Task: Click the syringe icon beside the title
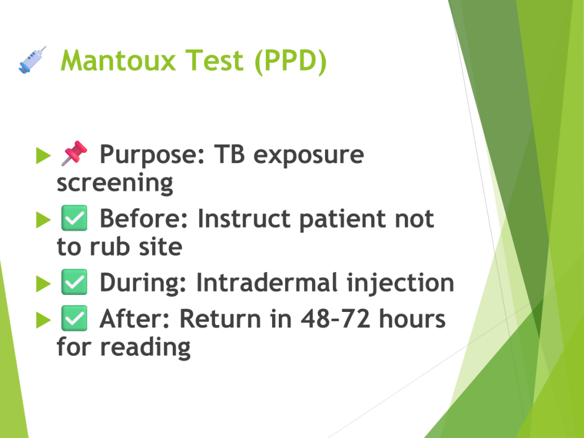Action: point(33,59)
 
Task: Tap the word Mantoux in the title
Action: point(118,60)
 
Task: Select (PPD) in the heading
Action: point(290,61)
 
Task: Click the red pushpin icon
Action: point(74,153)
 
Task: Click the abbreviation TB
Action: point(229,154)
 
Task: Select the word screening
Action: point(115,183)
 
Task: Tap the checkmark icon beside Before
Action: point(74,218)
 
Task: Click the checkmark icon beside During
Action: point(74,282)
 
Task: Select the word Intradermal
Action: point(267,282)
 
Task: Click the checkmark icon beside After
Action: point(74,318)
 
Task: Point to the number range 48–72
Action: point(335,319)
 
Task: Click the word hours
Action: point(412,319)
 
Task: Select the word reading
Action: point(145,348)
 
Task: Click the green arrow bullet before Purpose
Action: point(43,155)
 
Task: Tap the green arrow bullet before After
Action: point(43,321)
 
